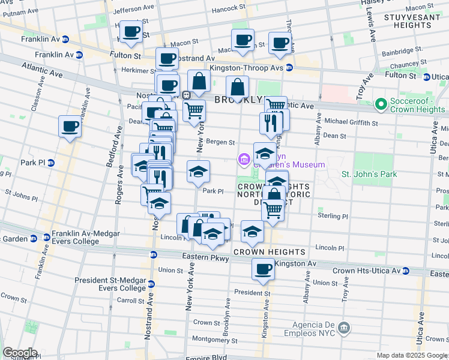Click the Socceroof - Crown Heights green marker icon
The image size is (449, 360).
[x=380, y=104]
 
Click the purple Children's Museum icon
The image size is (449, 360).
[x=244, y=160]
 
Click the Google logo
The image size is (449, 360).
[x=20, y=353]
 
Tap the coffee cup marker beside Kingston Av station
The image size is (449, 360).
[x=263, y=269]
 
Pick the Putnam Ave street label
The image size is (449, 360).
[x=21, y=12]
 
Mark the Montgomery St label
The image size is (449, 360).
[x=215, y=338]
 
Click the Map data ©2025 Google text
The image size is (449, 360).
[x=412, y=355]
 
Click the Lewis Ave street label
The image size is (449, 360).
[x=371, y=26]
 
